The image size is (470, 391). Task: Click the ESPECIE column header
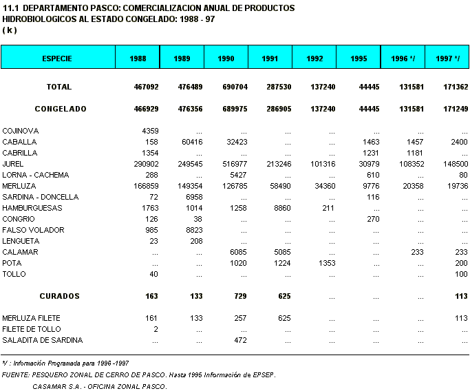(57, 59)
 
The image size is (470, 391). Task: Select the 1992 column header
(314, 59)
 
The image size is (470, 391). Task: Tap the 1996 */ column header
(403, 59)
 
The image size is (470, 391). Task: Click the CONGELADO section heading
(61, 109)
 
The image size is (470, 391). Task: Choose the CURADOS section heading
(59, 297)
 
